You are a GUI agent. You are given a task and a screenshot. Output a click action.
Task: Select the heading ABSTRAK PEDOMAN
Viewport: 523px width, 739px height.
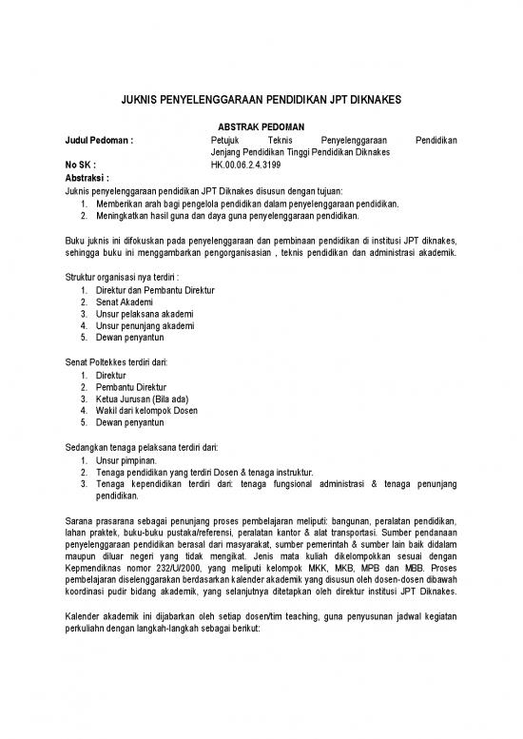(x=261, y=126)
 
